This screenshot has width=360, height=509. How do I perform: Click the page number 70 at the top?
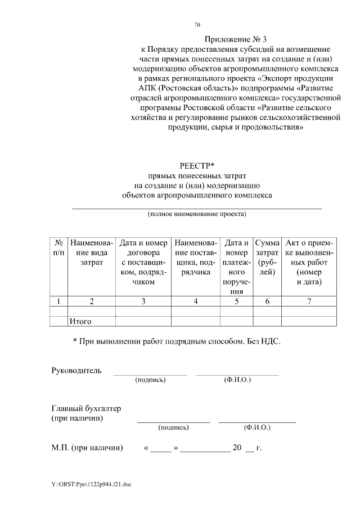point(197,25)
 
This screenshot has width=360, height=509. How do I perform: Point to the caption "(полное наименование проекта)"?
point(197,214)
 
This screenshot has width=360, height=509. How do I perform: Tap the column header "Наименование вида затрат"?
point(91,253)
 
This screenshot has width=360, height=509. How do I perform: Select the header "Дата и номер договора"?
point(143,262)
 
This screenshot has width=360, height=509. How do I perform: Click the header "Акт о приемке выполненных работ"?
point(309,262)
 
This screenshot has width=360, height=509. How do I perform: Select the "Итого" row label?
point(80,322)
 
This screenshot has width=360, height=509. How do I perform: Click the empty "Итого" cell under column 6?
point(267,322)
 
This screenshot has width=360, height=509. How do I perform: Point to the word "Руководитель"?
point(76,371)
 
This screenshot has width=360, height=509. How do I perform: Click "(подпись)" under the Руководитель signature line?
point(150,380)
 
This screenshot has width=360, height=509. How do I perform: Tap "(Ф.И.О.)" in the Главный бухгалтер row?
point(257,428)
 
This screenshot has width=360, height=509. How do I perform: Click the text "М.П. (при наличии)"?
point(87,448)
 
